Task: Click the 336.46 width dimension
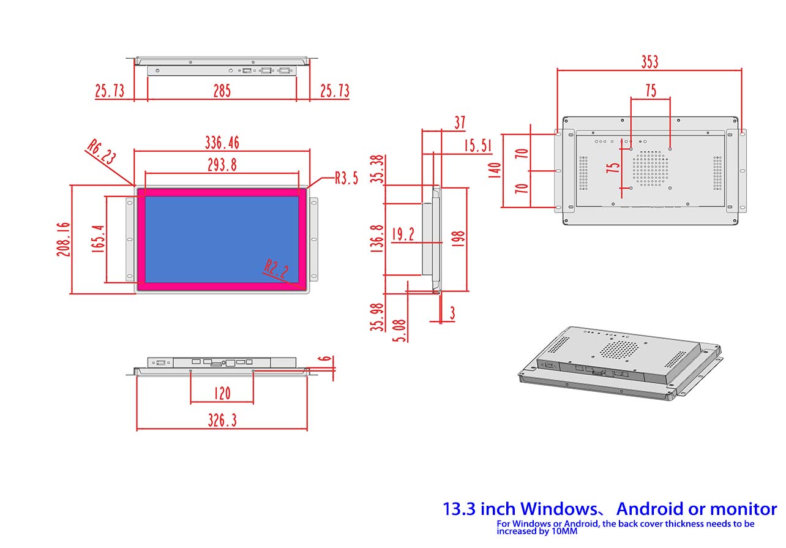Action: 222,143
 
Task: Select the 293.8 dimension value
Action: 222,165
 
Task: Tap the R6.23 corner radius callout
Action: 102,151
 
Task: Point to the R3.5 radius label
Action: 346,178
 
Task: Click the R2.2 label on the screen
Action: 276,269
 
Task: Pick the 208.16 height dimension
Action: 64,239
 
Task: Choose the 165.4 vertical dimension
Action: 98,239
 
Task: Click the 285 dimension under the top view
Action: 222,91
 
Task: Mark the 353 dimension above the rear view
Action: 649,62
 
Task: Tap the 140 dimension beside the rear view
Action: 495,170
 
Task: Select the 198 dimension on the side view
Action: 458,239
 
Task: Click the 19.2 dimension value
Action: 403,234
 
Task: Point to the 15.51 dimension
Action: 477,145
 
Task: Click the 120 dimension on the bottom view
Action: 222,393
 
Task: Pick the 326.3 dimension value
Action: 222,420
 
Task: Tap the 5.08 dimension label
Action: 399,331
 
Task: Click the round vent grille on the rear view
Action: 650,168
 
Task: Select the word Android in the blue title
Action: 650,509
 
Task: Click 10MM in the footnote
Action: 564,531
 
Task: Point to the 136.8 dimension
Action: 377,239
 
